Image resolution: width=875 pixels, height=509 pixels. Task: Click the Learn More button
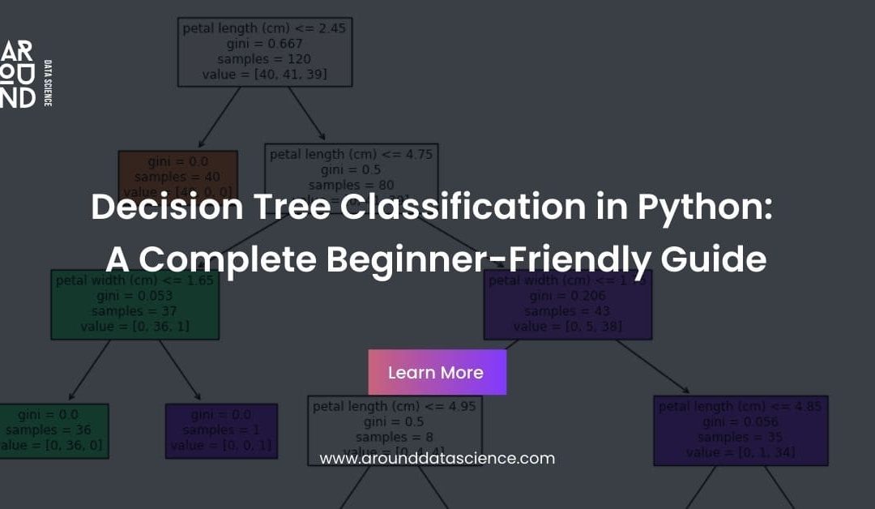pos(437,373)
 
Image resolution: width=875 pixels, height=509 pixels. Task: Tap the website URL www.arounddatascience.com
pos(437,459)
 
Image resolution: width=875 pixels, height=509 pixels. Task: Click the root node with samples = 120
pos(266,52)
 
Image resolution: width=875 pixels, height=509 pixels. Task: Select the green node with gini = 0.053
pos(134,304)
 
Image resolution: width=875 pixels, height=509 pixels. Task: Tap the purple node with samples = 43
pos(567,304)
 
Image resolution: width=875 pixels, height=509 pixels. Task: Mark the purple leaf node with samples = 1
pos(221,430)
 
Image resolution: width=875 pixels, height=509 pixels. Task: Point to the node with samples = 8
pos(395,430)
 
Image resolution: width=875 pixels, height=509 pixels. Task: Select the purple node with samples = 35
pos(741,430)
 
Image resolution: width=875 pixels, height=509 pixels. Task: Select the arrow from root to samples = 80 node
pos(305,114)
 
